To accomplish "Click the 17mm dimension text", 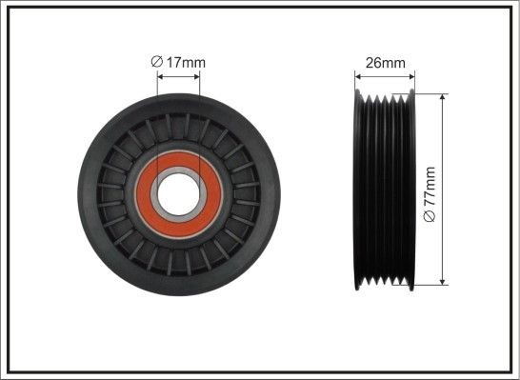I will click(185, 63).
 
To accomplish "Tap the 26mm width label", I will click(386, 63).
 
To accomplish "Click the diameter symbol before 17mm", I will click(157, 63).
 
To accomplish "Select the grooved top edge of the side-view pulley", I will click(385, 96).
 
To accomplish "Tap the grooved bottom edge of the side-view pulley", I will click(385, 283).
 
